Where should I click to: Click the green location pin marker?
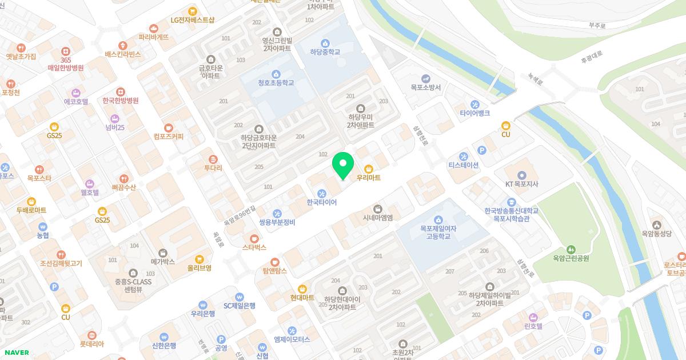click(x=343, y=165)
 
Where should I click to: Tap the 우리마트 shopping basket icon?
click(x=369, y=168)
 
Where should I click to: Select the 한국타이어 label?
click(x=322, y=202)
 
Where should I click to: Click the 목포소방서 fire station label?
click(x=425, y=87)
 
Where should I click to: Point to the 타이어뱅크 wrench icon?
click(x=475, y=104)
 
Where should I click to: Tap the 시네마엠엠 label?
click(x=377, y=218)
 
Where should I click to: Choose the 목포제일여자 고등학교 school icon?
click(x=438, y=219)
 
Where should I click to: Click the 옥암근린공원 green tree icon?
click(x=571, y=249)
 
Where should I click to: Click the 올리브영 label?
click(x=200, y=267)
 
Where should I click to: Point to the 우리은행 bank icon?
click(x=202, y=305)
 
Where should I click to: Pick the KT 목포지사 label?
click(x=521, y=184)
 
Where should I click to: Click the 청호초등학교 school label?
click(x=276, y=83)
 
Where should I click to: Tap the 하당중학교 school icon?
click(x=325, y=43)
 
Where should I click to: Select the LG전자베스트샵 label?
click(x=192, y=20)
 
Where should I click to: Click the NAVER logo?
click(x=16, y=353)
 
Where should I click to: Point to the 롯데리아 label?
click(x=91, y=344)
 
